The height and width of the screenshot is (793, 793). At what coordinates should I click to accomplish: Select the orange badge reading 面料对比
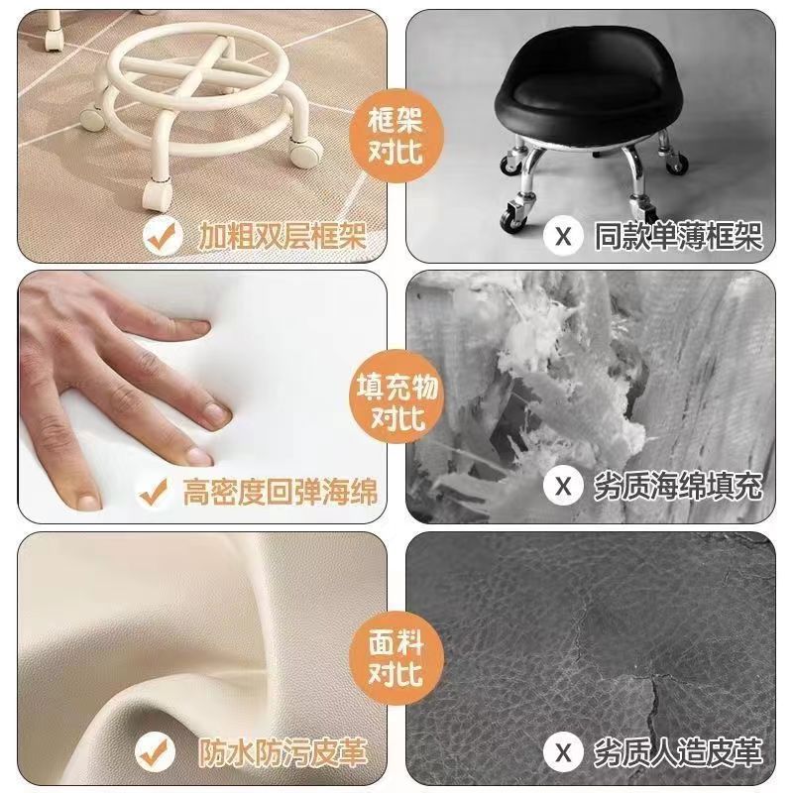[x=396, y=658]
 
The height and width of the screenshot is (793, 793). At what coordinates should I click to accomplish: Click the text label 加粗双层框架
[x=281, y=236]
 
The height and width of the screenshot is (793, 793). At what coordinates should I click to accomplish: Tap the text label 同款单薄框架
[x=677, y=236]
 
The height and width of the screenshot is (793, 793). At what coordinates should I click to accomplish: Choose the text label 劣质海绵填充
[x=677, y=488]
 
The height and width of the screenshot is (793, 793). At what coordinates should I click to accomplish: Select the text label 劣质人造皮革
[x=677, y=751]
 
